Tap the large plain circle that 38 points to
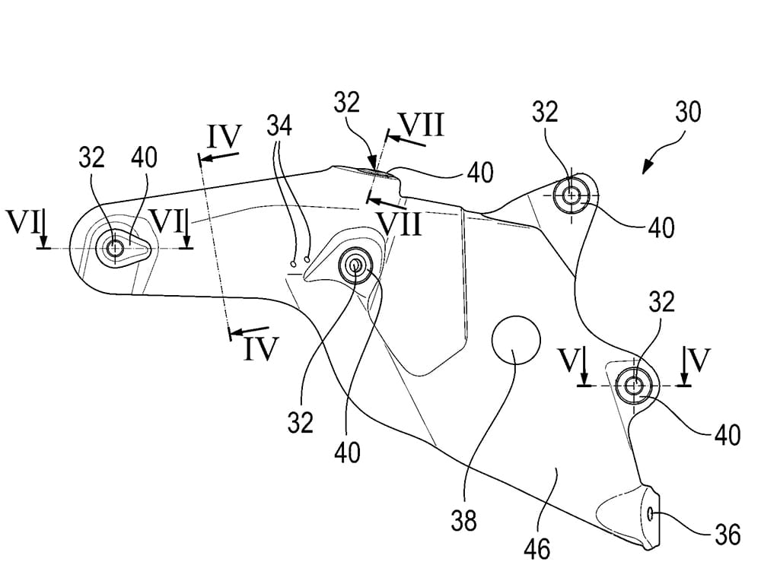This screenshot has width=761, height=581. tap(515, 338)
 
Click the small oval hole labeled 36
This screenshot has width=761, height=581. tap(652, 515)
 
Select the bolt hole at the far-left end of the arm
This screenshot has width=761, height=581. tap(116, 247)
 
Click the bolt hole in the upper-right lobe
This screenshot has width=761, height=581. tap(572, 195)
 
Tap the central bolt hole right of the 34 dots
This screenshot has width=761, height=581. tap(355, 263)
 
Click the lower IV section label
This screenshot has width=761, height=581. tap(261, 348)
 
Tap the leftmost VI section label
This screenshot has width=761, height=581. tap(21, 224)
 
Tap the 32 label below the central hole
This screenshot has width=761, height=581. tap(301, 421)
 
